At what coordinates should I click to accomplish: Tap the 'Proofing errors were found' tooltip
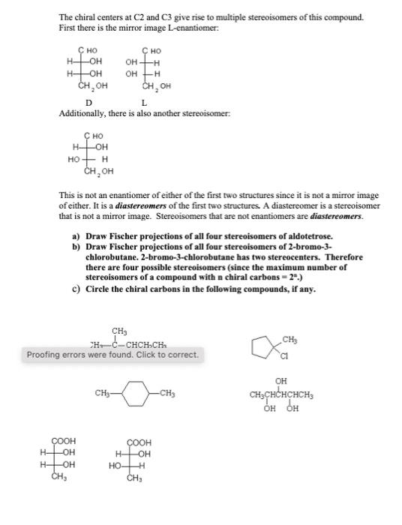click(113, 355)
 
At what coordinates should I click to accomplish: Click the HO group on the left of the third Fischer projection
click(73, 159)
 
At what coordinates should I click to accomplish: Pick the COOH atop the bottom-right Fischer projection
click(139, 442)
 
